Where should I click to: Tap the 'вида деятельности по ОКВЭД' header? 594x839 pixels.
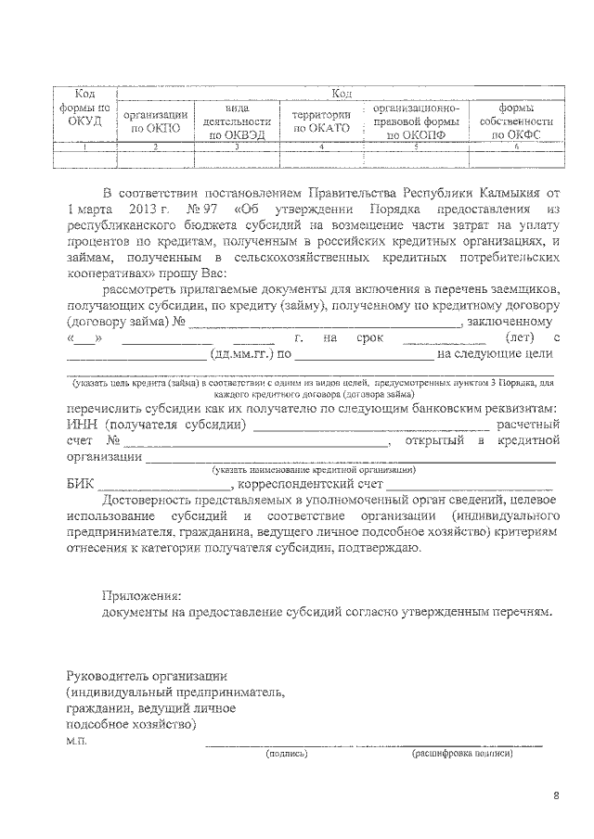tap(238, 121)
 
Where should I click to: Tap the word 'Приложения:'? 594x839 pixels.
tap(141, 595)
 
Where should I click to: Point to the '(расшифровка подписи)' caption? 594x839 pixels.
tap(462, 754)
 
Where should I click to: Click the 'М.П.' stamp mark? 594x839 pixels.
tap(76, 742)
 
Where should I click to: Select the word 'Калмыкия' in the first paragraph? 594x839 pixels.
tap(512, 193)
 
